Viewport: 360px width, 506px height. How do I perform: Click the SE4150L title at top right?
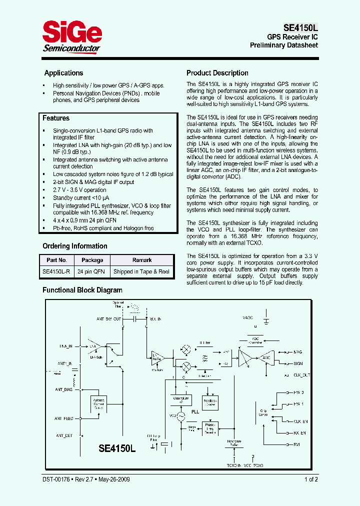coord(297,28)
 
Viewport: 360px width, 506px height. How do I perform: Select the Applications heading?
coord(63,73)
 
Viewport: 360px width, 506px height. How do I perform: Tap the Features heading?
coord(56,118)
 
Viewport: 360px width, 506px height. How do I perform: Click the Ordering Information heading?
coord(75,246)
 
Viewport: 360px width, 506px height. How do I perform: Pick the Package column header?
coord(92,260)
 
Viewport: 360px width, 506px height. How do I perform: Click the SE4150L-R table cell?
coord(56,272)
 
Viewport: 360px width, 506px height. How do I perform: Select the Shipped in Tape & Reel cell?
coord(141,272)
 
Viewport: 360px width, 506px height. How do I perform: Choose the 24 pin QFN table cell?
coord(92,272)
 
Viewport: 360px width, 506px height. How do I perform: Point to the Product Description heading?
coord(217,73)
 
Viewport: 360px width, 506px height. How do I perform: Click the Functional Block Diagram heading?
coord(82,290)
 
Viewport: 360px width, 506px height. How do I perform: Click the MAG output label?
coord(297,352)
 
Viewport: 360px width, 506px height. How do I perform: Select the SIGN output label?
coord(298,363)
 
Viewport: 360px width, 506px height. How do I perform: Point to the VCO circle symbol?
coord(179,415)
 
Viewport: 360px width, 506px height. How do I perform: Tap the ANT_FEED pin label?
coord(64,418)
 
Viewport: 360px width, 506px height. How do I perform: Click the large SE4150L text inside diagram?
coord(117,448)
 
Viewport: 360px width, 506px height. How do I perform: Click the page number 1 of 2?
coord(310,479)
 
